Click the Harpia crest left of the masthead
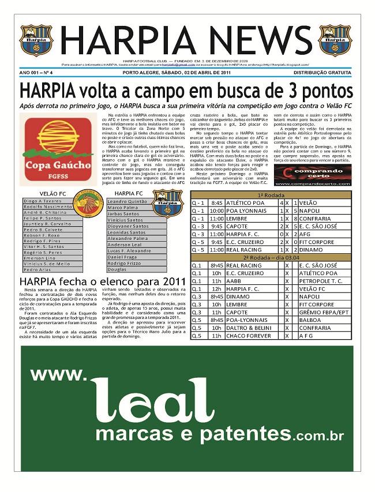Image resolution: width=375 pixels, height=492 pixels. point(36,40)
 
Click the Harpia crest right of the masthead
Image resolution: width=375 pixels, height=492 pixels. point(336,40)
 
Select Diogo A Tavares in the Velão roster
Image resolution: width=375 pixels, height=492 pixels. point(43,201)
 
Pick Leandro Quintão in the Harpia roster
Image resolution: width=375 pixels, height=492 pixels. point(127,201)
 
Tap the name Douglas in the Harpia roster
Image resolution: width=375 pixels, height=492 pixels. point(117,269)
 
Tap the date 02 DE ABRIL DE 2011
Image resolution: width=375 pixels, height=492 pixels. point(201,73)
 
